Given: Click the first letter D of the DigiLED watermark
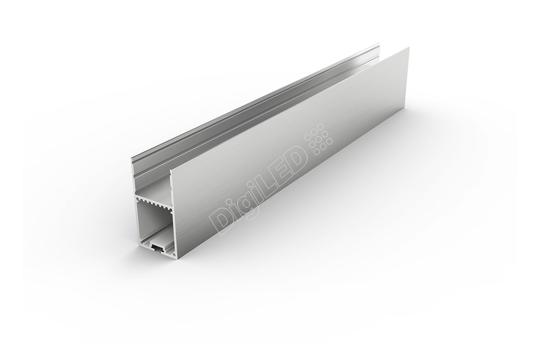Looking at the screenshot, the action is (x=222, y=222).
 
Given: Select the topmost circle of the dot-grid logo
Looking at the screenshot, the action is (x=320, y=127).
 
